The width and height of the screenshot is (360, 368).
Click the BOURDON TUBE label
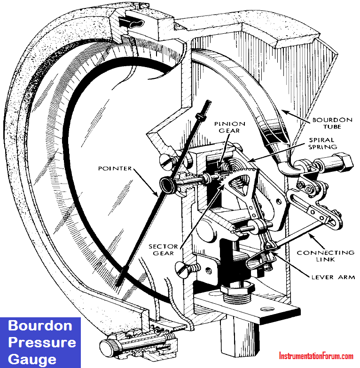pos(332,123)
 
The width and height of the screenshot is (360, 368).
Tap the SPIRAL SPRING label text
pos(322,144)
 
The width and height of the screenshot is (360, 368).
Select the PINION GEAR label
pos(229,127)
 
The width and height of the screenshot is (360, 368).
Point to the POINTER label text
pos(115,168)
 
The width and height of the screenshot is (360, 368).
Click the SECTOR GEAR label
pos(163,250)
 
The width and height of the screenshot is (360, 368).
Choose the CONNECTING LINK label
pos(325,256)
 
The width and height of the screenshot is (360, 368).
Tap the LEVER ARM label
pos(333,277)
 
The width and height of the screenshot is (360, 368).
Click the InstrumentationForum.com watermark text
pos(316,356)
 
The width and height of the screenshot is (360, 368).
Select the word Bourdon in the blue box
pos(40,326)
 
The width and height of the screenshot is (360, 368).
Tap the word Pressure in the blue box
pos(42,342)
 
